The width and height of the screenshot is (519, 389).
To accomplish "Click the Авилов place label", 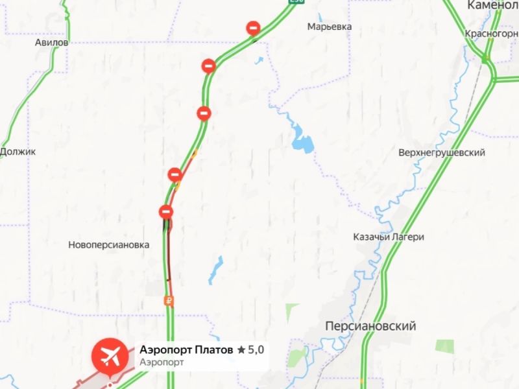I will coord(52,42).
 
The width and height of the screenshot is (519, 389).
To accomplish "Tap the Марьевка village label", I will coord(330,27).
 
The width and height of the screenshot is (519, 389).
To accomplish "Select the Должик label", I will coord(18,151).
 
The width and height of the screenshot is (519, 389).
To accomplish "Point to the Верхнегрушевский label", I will coord(442,152).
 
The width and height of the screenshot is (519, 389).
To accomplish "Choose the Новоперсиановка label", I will coord(108,245).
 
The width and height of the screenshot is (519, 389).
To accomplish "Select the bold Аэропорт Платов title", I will coord(186,350).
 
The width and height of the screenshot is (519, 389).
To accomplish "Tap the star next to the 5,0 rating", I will coord(241,350).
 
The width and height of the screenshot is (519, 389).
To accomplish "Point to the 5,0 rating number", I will coord(256,350).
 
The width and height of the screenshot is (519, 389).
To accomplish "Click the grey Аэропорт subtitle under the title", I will coord(161,362).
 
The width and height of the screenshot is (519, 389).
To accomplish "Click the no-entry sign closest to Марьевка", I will coord(253,28).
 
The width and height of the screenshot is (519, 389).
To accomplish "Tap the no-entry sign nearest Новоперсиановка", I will coord(166,211).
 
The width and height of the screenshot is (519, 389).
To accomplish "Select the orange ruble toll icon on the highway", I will coord(168,300).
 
